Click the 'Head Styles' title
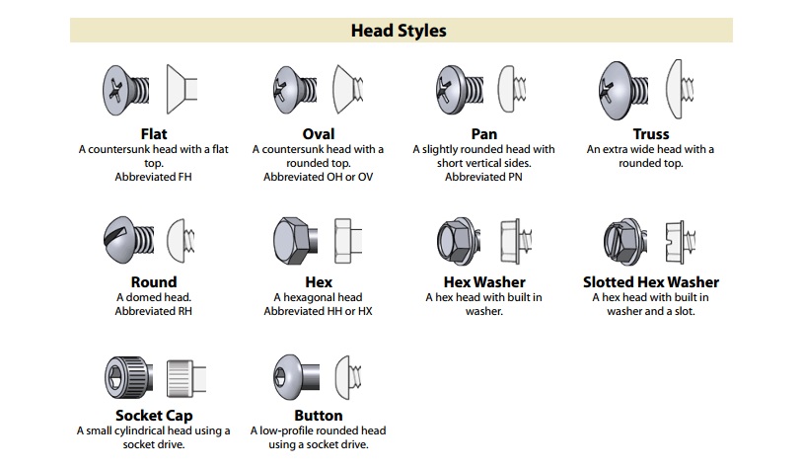pos(399,31)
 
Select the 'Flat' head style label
pos(154,134)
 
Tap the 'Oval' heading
pos(319,134)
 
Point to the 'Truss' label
pos(651,134)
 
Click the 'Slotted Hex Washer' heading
pos(651,282)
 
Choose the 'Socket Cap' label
pos(154,416)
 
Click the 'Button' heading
pos(319,416)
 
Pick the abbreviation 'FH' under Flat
pos(184,177)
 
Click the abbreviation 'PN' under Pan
pos(515,177)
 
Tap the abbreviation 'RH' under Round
pos(184,311)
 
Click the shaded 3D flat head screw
pos(126,90)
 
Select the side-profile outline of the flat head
pos(182,89)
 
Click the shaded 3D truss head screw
pos(624,91)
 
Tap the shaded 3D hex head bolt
pos(295,241)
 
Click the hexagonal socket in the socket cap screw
pos(114,378)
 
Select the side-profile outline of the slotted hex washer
pos(680,242)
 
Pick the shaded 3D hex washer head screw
pos(459,241)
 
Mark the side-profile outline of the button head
pos(348,377)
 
